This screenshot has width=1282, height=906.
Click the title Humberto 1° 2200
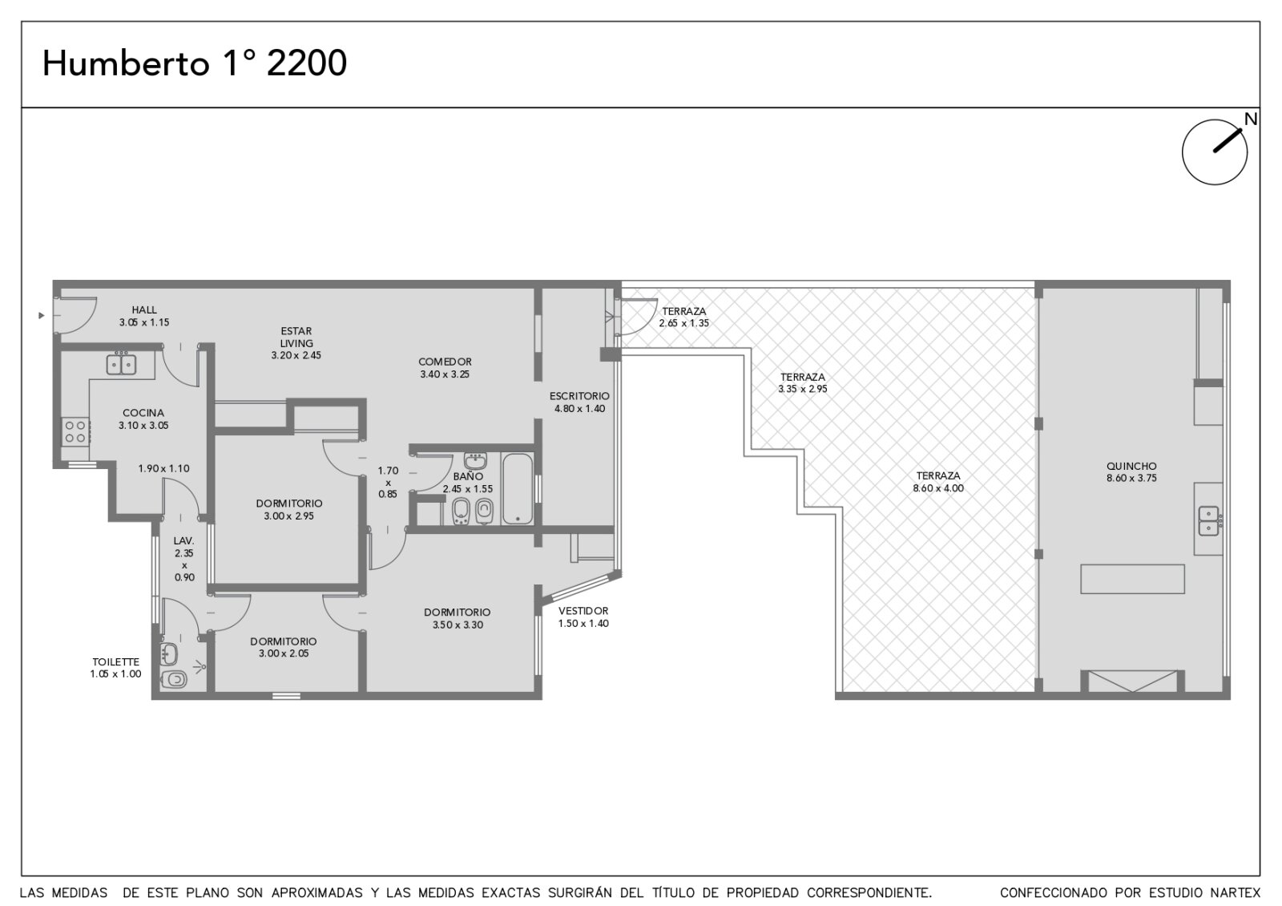(x=195, y=63)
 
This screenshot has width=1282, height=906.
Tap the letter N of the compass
(x=1251, y=119)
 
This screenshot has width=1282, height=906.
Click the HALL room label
(x=144, y=309)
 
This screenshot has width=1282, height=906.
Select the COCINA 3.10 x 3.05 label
(x=143, y=419)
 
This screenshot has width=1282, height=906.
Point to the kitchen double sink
(x=121, y=365)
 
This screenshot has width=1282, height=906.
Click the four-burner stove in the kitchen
(x=75, y=432)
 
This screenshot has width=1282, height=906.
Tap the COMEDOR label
(x=445, y=362)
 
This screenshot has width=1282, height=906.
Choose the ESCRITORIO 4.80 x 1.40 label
(x=580, y=402)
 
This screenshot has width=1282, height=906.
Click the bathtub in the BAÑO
(x=518, y=488)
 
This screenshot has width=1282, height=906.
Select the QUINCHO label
(x=1131, y=466)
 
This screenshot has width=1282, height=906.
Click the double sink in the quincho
(x=1209, y=520)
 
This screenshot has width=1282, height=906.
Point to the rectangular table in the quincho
(x=1133, y=579)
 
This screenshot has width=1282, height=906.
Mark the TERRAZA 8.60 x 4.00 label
(x=938, y=482)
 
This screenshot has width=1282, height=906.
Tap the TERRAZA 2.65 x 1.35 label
(x=684, y=318)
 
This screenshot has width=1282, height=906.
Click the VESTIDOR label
(x=583, y=611)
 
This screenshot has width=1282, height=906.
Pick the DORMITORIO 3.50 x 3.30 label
(x=458, y=618)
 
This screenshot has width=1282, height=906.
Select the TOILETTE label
(x=116, y=662)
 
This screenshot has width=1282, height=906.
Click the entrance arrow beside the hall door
(x=41, y=316)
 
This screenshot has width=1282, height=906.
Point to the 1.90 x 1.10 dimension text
(x=163, y=468)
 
